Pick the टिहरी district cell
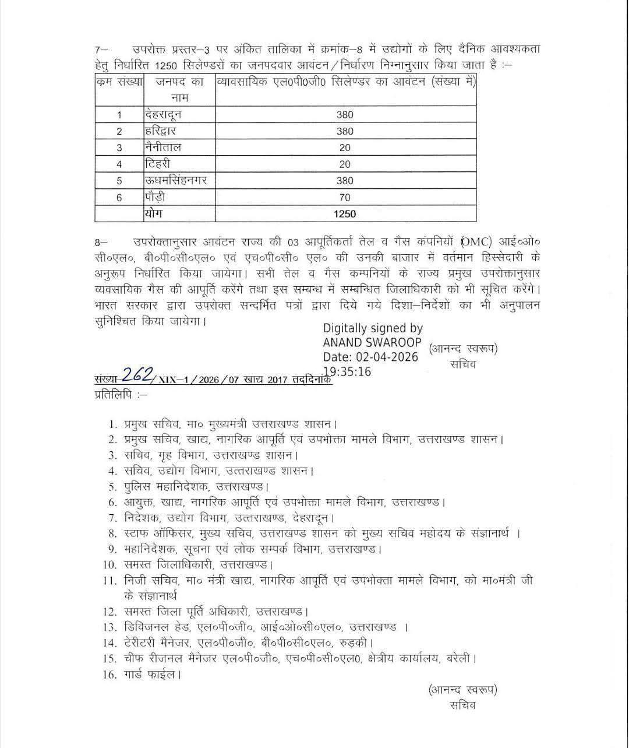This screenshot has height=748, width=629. coord(158,164)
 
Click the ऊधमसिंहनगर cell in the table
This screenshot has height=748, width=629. coord(175,181)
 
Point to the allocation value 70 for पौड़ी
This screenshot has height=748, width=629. coord(345,198)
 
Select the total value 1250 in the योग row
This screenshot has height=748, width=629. coord(345,214)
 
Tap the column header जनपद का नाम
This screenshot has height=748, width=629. coord(179,90)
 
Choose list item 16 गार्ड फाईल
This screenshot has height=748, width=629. coord(152,675)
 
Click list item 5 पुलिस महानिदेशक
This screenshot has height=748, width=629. coord(167,486)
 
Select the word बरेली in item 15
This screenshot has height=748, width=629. coord(461,659)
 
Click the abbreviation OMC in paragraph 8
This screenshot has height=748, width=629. coord(476,241)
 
